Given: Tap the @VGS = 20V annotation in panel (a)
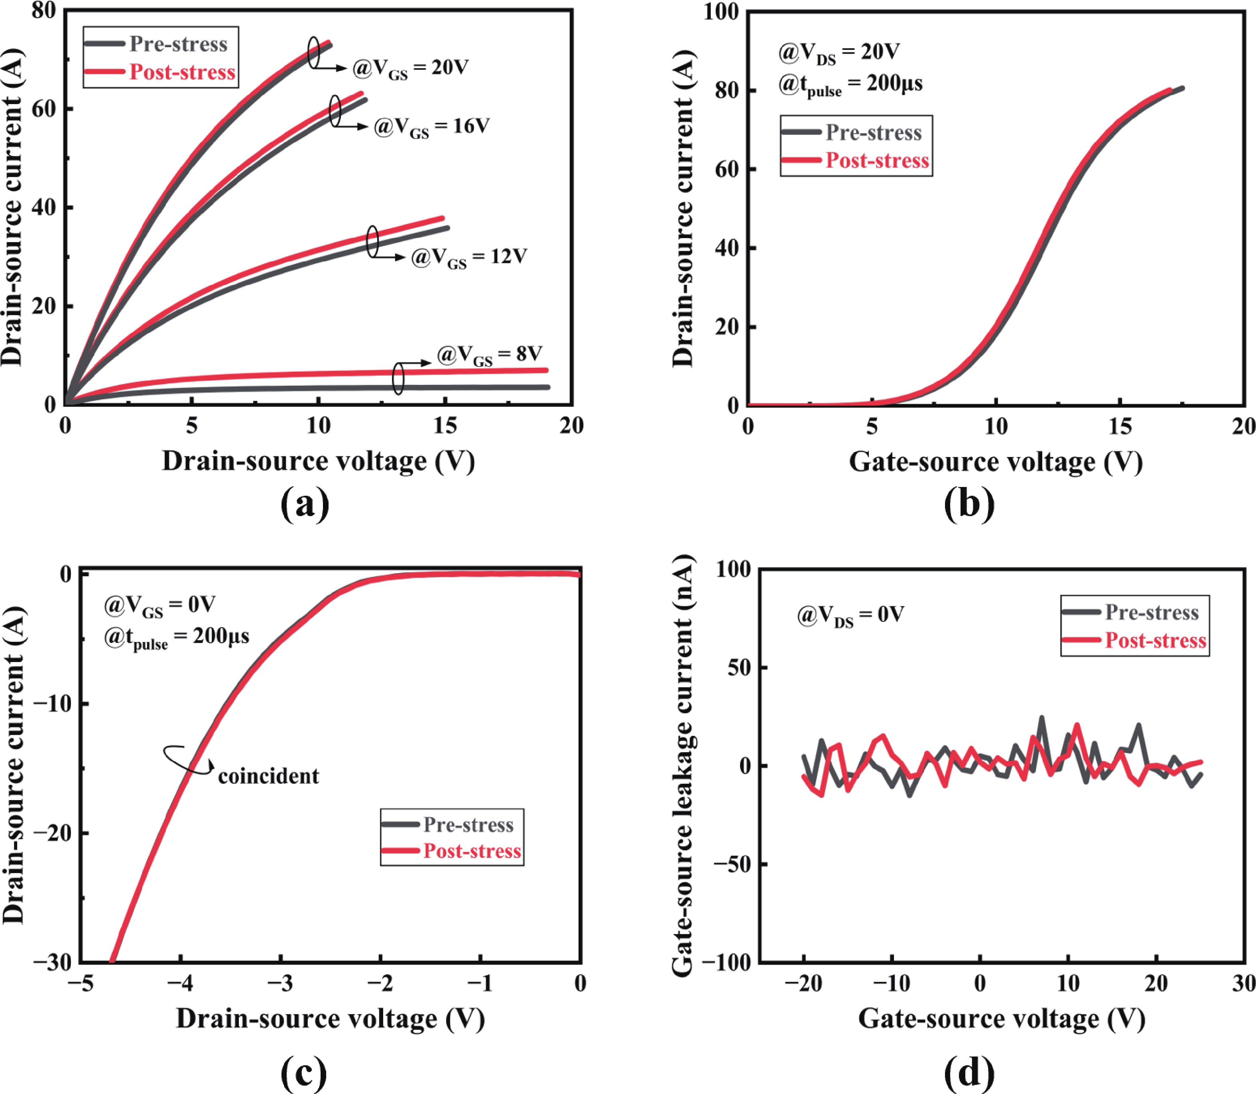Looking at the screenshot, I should tap(410, 68).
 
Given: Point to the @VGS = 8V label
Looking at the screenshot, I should tap(490, 355).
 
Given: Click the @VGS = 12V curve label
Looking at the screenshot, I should tap(469, 257).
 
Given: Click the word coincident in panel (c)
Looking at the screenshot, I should tap(268, 776).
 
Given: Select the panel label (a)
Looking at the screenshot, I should tap(305, 504).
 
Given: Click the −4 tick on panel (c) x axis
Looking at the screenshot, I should tap(180, 984).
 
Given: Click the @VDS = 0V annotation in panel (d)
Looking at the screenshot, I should tap(850, 615).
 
